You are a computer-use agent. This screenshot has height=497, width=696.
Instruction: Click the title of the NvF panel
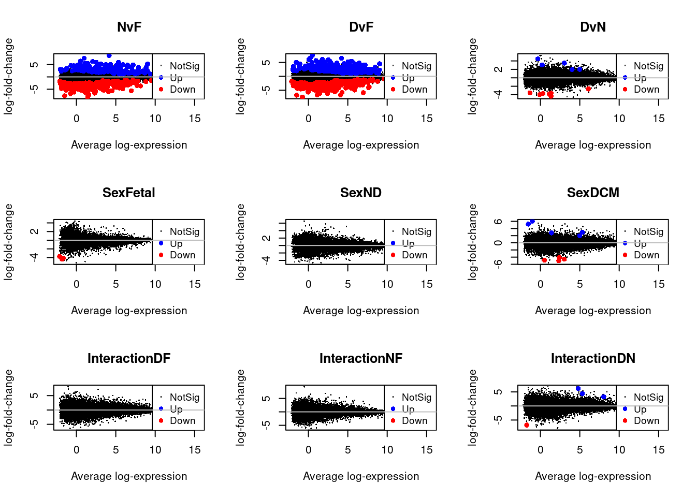click(129, 27)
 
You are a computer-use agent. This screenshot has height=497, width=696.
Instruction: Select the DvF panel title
click(361, 27)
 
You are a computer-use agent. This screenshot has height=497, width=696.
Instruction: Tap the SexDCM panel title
click(593, 193)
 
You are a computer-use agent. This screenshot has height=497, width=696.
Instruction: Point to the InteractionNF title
click(361, 358)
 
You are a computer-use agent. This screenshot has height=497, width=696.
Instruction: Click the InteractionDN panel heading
click(593, 358)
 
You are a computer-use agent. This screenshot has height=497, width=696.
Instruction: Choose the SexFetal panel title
click(129, 193)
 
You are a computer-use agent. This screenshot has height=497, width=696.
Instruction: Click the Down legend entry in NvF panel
click(182, 90)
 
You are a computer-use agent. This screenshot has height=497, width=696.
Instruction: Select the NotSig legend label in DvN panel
click(648, 66)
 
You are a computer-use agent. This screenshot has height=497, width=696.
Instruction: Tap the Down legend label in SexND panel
click(414, 255)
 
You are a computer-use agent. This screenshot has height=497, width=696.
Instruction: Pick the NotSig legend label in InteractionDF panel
click(184, 397)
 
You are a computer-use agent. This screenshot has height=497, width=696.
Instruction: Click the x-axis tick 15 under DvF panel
click(427, 119)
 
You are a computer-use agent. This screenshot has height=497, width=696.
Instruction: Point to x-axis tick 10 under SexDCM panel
click(619, 284)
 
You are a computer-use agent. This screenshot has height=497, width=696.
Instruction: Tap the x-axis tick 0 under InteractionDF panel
click(77, 450)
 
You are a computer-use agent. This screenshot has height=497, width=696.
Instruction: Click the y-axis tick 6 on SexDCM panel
click(498, 222)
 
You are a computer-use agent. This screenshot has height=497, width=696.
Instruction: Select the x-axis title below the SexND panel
click(361, 311)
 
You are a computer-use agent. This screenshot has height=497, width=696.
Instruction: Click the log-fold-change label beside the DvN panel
click(472, 76)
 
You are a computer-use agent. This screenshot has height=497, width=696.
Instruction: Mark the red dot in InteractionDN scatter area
click(527, 425)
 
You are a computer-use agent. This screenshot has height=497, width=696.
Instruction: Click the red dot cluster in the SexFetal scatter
click(61, 257)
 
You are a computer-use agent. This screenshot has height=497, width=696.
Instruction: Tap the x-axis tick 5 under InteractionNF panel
click(348, 450)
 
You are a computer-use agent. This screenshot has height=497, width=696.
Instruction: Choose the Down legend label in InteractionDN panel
click(646, 421)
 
